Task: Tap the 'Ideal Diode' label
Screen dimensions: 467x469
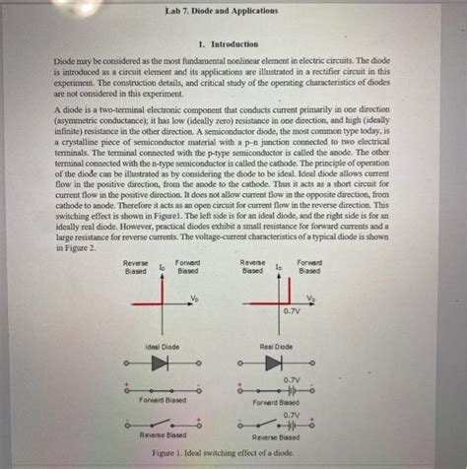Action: (162, 347)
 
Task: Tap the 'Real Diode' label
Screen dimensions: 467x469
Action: (279, 347)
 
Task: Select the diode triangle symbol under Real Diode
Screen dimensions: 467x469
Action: (279, 364)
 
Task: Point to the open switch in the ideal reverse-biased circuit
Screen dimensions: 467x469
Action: (164, 425)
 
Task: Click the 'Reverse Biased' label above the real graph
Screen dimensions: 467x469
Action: (253, 267)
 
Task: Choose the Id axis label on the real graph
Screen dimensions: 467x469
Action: (279, 267)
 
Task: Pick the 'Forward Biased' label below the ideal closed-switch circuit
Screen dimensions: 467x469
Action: (163, 401)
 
